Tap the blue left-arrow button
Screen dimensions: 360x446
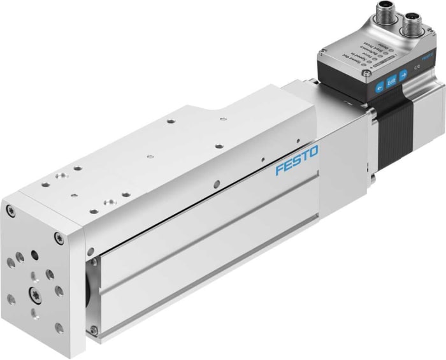pyautogui.click(x=380, y=87)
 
